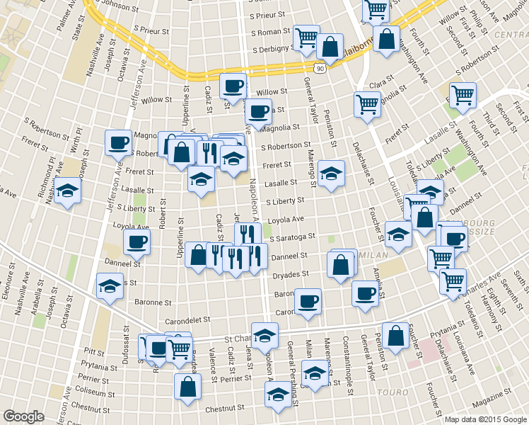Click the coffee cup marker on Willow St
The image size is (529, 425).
tap(233, 87)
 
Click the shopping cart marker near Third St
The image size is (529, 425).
tap(463, 95)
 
